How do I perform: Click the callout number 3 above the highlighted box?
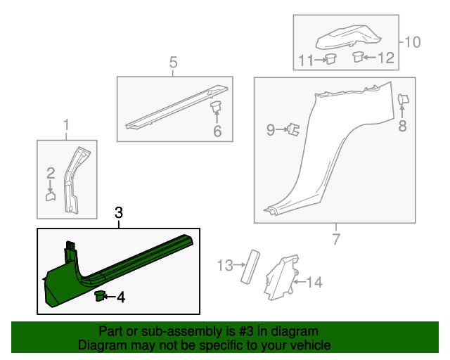point(119,213)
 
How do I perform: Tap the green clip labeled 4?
point(100,296)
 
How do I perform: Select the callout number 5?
point(174,63)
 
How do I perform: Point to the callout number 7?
point(336,239)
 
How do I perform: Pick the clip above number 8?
point(403,100)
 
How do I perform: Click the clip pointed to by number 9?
point(293,129)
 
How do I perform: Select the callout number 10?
point(413,42)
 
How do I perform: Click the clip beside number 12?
point(358,56)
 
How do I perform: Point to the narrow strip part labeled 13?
point(250,267)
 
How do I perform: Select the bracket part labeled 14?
point(281,277)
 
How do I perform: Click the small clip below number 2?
point(51,197)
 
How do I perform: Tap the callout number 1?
point(66,125)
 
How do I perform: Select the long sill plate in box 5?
point(176,108)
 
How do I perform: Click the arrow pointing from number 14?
point(300,282)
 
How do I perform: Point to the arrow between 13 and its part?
point(240,264)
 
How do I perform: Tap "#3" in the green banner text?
point(245,331)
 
